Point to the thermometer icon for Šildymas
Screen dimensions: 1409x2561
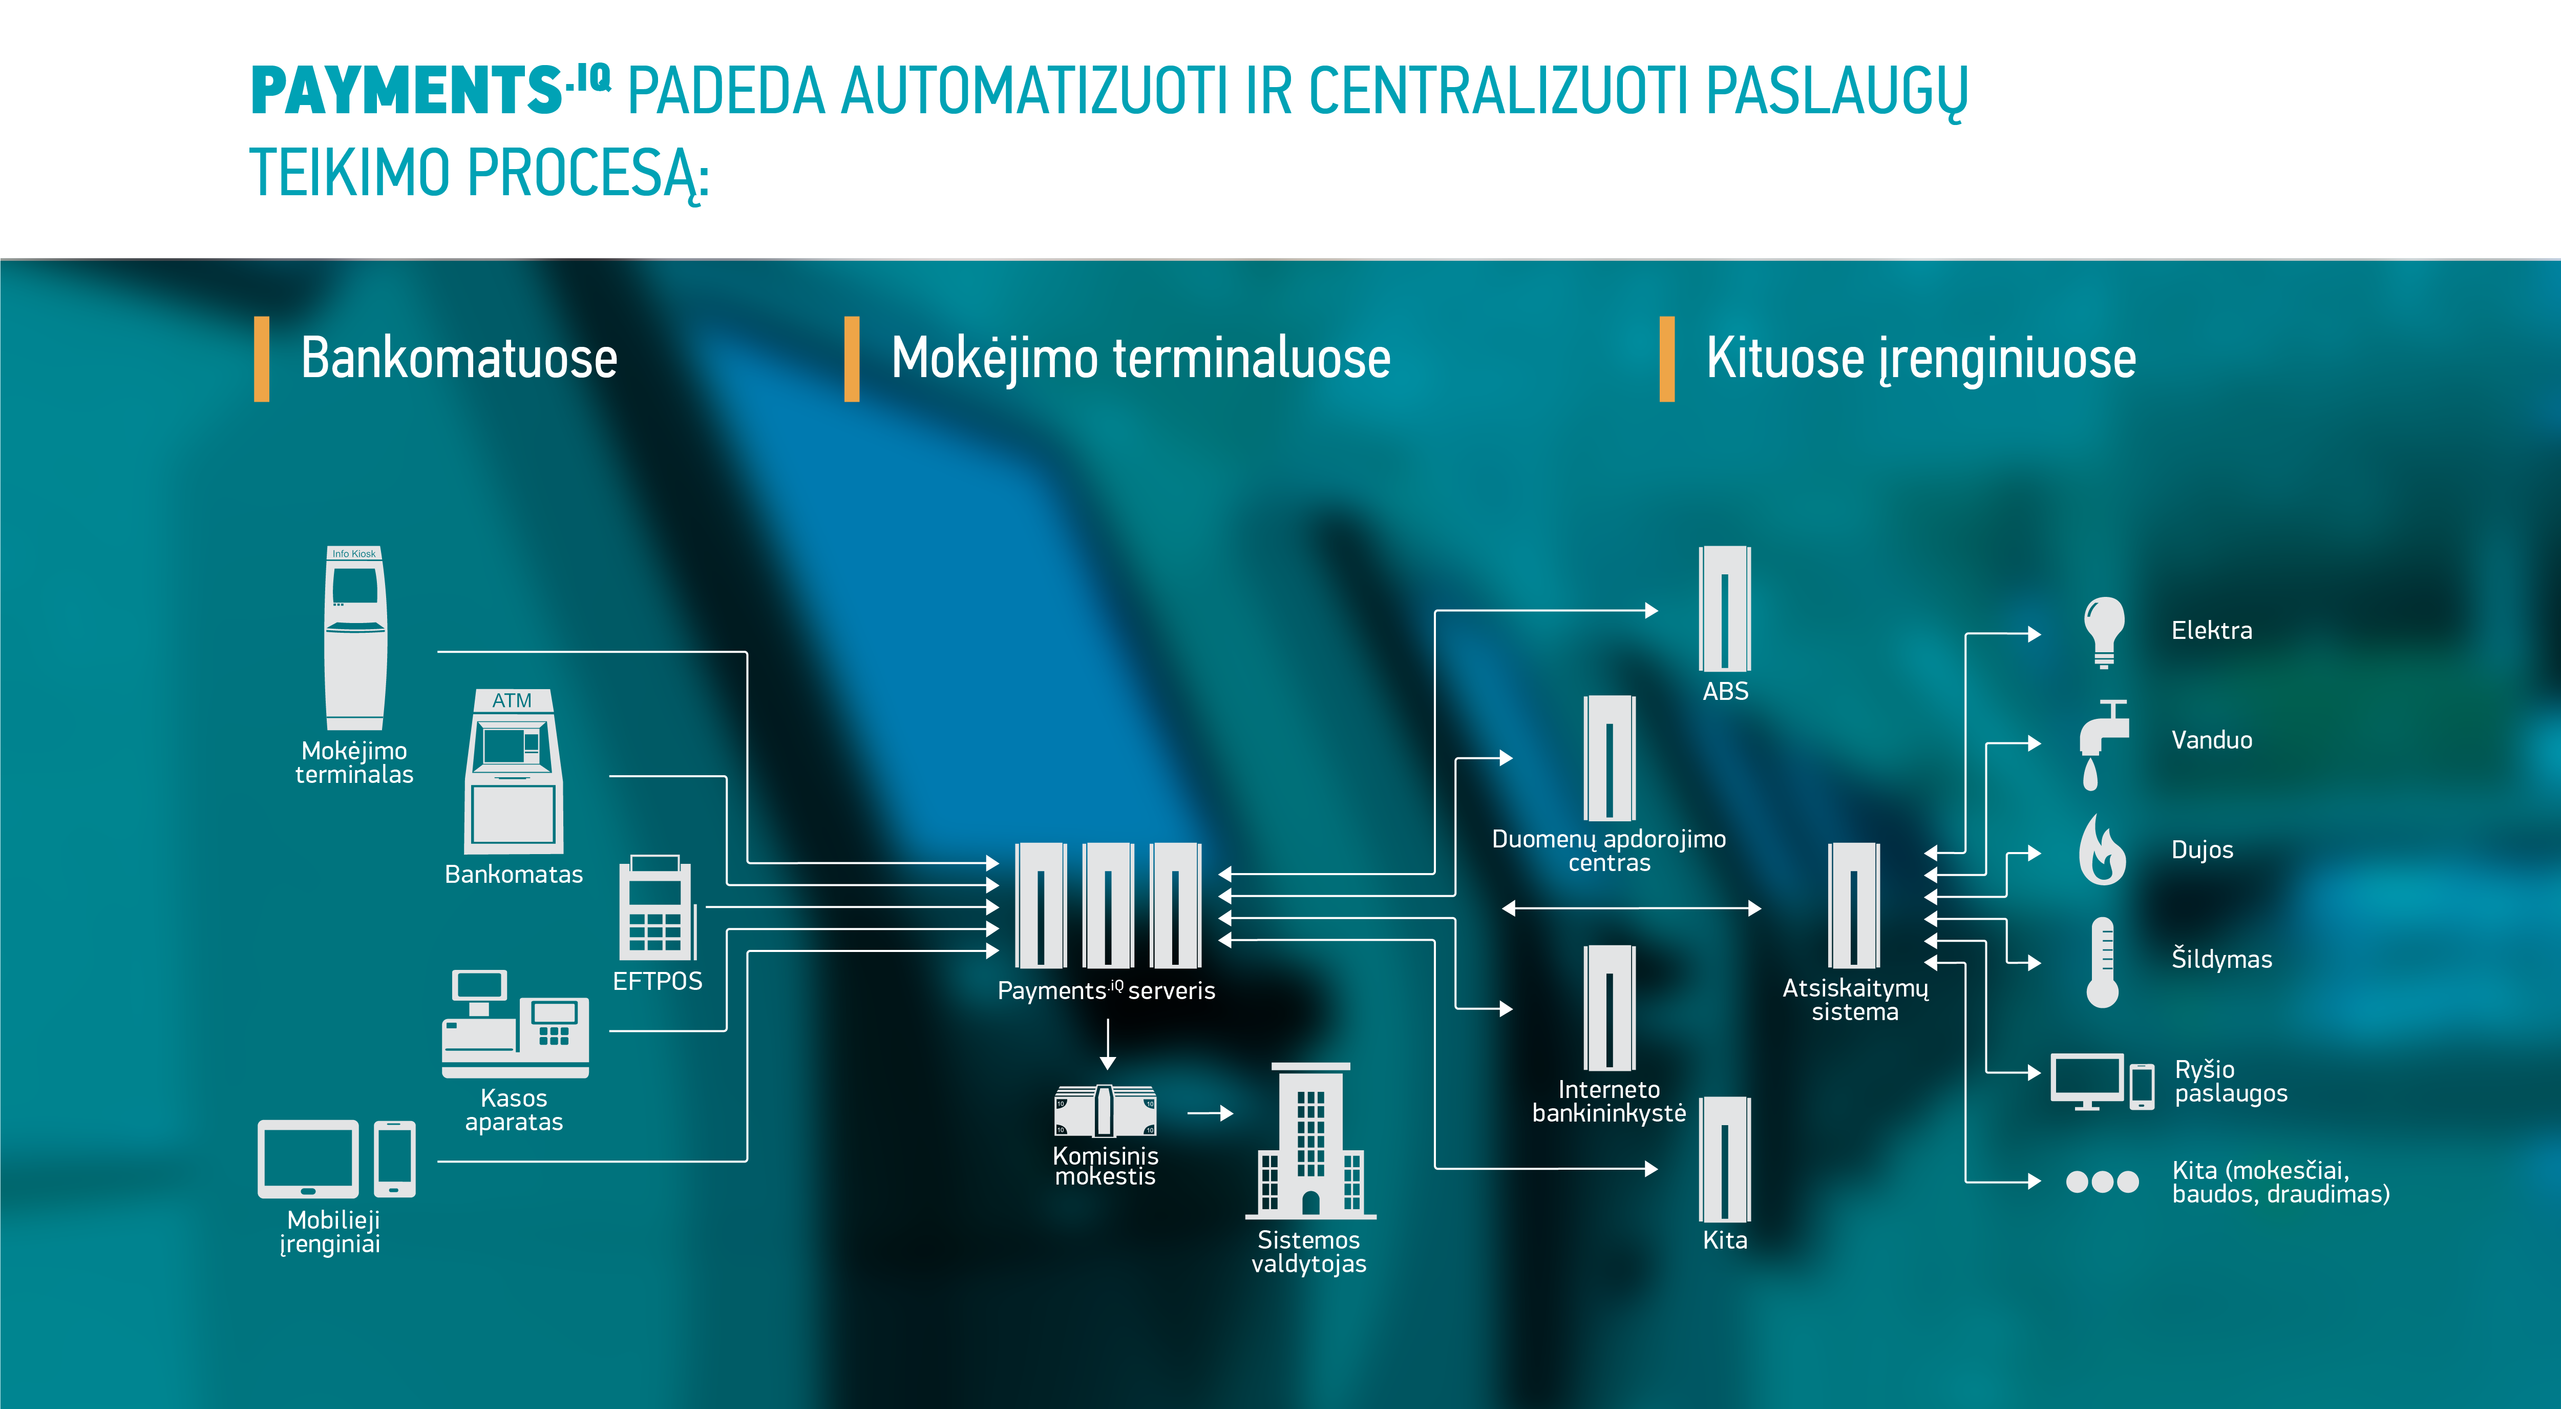click(x=2102, y=962)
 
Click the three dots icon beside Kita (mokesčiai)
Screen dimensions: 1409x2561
click(x=2102, y=1182)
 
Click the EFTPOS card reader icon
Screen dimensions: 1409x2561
click(x=656, y=907)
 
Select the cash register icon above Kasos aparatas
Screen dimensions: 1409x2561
click(x=515, y=1024)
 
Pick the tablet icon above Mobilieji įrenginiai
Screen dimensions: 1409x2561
click(x=308, y=1158)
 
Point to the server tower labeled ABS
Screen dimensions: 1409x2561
click(x=1725, y=609)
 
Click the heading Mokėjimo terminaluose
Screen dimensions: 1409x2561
click(x=1140, y=358)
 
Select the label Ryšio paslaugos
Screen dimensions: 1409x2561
click(x=2230, y=1081)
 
